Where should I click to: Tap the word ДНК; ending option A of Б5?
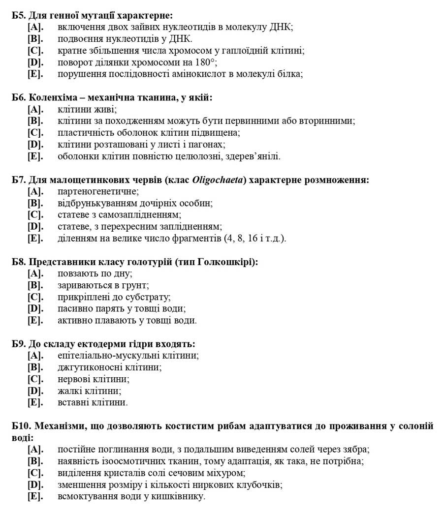pos(281,27)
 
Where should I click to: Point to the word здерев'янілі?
pos(256,156)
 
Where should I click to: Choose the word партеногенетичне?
pos(98,191)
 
